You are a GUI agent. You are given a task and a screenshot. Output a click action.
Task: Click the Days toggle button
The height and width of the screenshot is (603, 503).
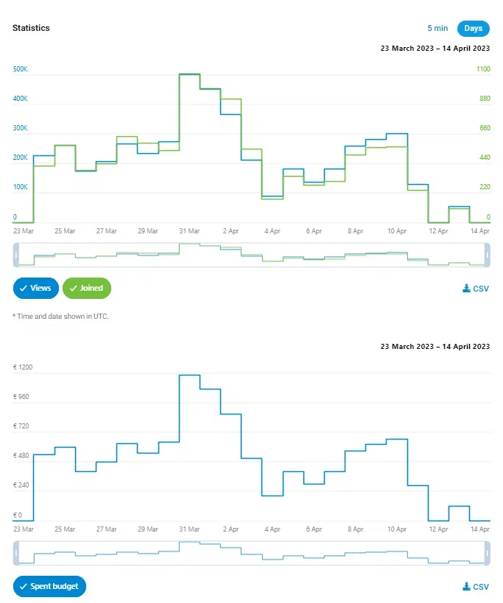click(x=474, y=29)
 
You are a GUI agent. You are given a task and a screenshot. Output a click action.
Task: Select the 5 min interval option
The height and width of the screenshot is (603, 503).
click(x=437, y=29)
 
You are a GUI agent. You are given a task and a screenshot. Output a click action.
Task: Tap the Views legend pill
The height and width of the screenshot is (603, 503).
click(x=35, y=289)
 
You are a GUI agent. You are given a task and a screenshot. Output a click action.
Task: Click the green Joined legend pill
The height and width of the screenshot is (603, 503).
click(x=87, y=289)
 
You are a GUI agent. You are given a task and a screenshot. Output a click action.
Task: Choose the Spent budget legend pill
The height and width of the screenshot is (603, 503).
click(x=50, y=587)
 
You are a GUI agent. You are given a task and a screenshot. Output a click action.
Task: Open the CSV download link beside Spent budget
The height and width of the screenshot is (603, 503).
click(x=476, y=588)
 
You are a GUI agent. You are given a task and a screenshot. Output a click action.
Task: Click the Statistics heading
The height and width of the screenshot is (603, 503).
click(x=31, y=28)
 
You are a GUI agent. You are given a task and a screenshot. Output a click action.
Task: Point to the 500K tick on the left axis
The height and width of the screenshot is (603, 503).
click(x=21, y=69)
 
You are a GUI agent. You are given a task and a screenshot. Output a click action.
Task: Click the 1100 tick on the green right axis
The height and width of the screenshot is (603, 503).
click(x=483, y=69)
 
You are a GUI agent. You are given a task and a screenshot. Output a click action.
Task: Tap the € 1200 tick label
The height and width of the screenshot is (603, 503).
click(x=24, y=367)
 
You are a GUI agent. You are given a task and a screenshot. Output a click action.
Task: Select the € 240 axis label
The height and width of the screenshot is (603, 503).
click(x=22, y=486)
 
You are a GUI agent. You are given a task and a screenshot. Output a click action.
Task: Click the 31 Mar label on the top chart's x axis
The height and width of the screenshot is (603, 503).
click(x=189, y=231)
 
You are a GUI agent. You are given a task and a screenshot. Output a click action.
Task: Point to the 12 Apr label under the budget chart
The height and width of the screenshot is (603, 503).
click(x=438, y=529)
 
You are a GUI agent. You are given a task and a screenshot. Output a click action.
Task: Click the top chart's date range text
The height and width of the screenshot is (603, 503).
click(x=435, y=49)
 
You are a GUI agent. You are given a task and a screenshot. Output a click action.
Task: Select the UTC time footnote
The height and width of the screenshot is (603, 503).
click(x=60, y=317)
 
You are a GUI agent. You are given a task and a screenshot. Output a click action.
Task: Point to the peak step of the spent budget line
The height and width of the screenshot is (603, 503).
click(x=189, y=375)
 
